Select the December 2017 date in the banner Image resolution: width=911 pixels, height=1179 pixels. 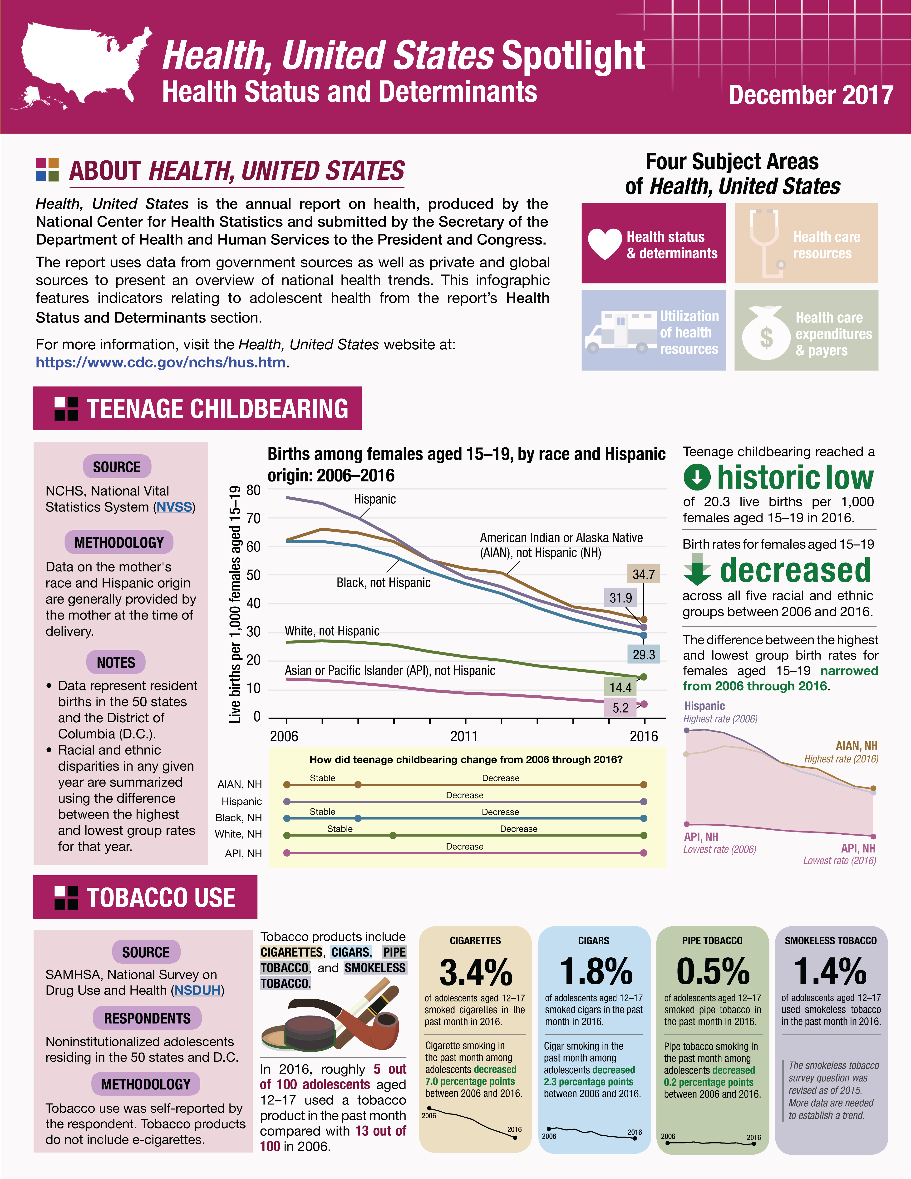(x=811, y=95)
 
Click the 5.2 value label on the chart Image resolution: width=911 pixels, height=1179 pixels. (x=620, y=707)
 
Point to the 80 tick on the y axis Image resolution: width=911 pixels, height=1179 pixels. (x=253, y=490)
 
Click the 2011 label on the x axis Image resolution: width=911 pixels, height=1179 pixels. (x=464, y=736)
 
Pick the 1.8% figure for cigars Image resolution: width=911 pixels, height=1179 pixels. (x=595, y=971)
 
